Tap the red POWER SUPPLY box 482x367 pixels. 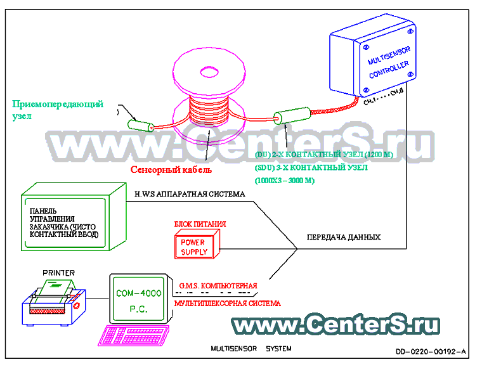click(194, 247)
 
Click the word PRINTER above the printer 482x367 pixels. click(58, 273)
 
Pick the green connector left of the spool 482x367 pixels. click(140, 124)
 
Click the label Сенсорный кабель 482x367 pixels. click(172, 170)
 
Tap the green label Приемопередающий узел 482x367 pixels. click(56, 110)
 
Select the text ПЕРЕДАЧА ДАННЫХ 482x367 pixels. click(343, 237)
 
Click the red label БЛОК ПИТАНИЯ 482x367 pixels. click(200, 224)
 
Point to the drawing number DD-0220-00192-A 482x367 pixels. click(431, 351)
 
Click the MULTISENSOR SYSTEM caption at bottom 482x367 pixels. click(251, 349)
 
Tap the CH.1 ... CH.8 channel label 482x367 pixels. click(383, 98)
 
